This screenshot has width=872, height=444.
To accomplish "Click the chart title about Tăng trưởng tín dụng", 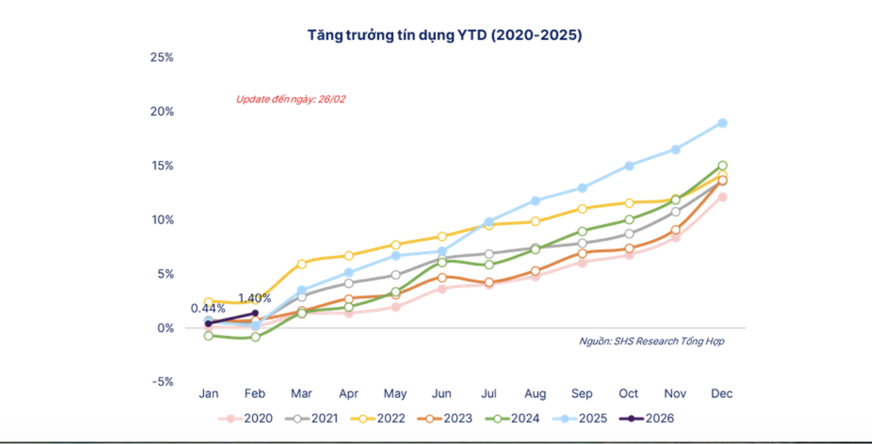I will tap(444, 35).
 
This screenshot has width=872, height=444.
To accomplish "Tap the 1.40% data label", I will tap(254, 298).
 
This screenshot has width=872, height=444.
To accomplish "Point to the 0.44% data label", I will tap(208, 308).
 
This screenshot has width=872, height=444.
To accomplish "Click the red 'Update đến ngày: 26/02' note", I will tap(290, 99).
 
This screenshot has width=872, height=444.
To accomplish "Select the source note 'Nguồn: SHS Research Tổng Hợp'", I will tap(651, 341).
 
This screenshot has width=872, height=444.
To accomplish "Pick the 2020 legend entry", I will tap(245, 419).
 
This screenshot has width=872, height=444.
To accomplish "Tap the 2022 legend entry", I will tap(378, 419).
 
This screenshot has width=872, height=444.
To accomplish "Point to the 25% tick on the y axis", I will tap(161, 57).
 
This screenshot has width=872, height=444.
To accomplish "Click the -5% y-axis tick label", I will tap(161, 382).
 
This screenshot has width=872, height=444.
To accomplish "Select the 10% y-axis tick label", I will tap(161, 220).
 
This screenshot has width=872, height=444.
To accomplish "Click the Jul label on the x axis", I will tap(489, 394).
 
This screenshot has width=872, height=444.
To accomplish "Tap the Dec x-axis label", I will tap(722, 394).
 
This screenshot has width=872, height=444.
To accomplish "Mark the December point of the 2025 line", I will tap(722, 123).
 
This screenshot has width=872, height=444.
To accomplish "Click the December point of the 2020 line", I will tap(722, 197).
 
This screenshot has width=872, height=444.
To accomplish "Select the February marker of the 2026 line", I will tap(255, 313).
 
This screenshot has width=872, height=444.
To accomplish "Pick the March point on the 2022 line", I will tap(301, 264).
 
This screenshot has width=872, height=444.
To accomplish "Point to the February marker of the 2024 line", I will tap(255, 337).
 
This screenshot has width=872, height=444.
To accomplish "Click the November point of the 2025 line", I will tap(675, 149).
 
